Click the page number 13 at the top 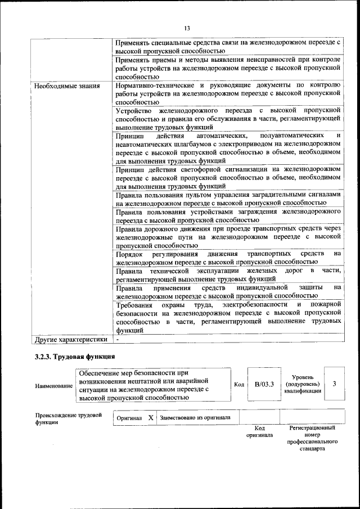187,28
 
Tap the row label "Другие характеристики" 71,340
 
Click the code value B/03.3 264,384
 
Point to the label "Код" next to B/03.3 239,385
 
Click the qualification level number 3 335,384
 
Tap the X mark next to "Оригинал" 151,418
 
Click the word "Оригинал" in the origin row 129,418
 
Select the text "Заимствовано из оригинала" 195,418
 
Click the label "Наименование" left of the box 53,386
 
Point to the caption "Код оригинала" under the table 259,431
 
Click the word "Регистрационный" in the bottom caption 312,428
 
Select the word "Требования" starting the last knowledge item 135,305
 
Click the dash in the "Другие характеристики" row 118,340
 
